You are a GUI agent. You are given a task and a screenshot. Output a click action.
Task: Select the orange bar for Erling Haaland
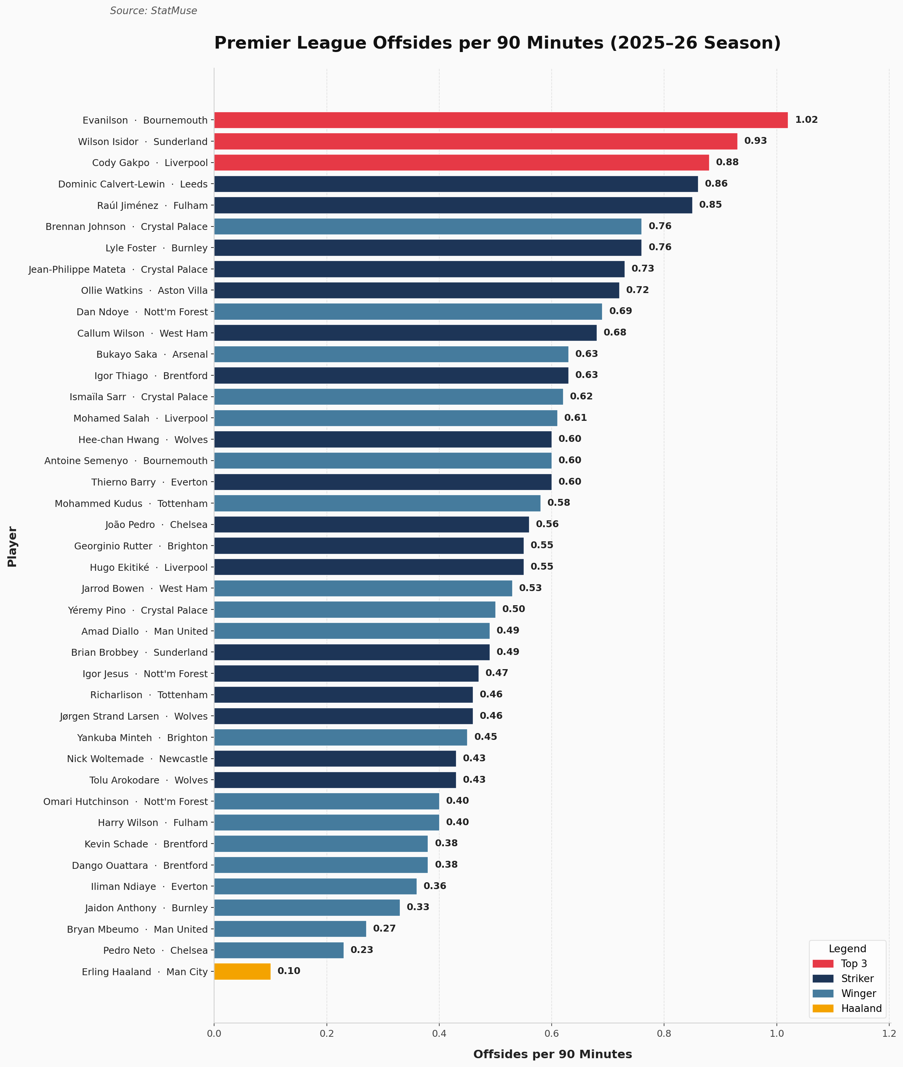click(x=242, y=972)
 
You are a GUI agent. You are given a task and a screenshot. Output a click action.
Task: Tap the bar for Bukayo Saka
click(x=391, y=354)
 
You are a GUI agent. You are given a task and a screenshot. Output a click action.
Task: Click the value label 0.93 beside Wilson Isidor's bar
click(x=755, y=141)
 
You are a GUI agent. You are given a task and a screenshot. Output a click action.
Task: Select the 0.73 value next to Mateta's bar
click(x=642, y=269)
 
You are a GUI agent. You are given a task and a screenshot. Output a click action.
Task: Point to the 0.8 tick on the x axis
click(x=664, y=1033)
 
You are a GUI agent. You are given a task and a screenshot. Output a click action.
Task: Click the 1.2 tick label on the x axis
click(x=889, y=1033)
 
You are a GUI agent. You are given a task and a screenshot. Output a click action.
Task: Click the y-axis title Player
click(x=12, y=547)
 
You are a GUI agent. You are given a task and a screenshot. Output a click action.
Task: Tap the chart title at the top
click(x=497, y=43)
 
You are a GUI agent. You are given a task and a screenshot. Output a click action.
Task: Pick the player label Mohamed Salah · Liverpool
click(x=140, y=419)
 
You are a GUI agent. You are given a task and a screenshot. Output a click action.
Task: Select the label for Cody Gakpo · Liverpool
click(x=149, y=163)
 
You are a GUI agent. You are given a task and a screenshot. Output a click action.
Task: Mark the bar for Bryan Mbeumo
click(x=290, y=929)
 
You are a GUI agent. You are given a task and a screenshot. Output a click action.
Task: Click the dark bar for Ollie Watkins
click(x=416, y=290)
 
